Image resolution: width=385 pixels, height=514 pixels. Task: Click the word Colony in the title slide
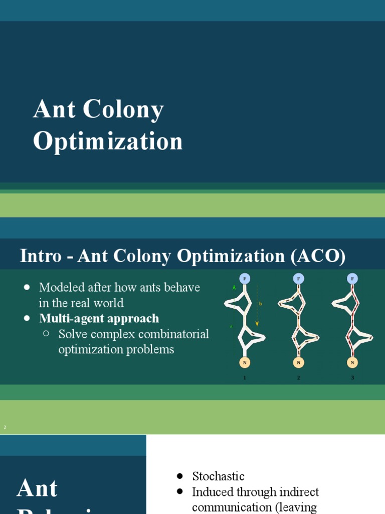coord(123,110)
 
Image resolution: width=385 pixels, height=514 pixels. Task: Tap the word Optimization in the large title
coord(108,141)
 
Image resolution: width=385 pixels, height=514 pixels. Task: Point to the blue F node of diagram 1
coord(245,278)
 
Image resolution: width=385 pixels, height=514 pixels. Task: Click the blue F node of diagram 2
coord(299,278)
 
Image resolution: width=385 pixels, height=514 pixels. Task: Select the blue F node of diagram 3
coord(352,278)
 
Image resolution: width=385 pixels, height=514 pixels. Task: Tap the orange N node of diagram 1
coord(245,362)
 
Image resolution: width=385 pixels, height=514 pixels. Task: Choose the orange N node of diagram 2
coord(299,362)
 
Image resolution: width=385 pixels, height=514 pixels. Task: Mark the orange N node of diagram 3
coord(352,362)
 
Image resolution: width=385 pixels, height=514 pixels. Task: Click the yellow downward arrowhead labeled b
coord(257,324)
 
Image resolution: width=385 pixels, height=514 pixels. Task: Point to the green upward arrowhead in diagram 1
coord(234,288)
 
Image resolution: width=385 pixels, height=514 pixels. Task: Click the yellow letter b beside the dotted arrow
coord(261,304)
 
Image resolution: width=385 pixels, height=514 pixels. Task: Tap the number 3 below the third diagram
coord(352,377)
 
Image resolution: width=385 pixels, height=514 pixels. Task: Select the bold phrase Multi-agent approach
coord(99,318)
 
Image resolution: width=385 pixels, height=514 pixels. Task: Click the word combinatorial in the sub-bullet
coord(171,334)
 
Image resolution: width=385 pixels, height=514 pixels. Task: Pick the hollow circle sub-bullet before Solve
coord(47,333)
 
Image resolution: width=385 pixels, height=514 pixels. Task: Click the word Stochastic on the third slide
coord(218,476)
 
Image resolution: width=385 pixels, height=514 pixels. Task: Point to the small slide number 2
coord(5,427)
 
